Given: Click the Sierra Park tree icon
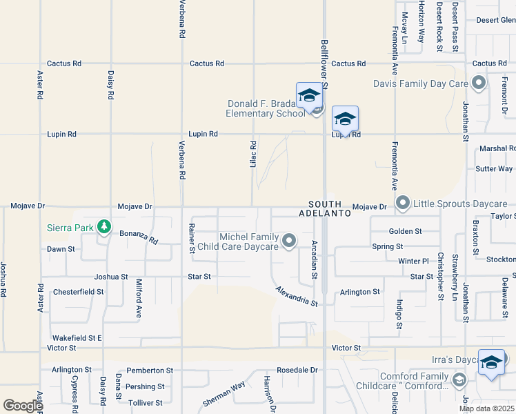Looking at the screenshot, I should [x=104, y=227].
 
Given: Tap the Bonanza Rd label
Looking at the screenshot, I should [x=138, y=238].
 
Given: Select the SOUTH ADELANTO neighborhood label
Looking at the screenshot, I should [x=330, y=209].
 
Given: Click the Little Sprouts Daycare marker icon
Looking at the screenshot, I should [x=403, y=204].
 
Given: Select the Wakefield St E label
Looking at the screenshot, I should [x=77, y=338].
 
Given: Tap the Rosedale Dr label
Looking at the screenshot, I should [x=297, y=370].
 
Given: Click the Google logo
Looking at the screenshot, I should [x=23, y=405].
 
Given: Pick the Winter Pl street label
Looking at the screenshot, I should [x=413, y=261].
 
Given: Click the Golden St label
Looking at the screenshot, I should [x=405, y=231].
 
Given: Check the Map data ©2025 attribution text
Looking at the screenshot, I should [x=486, y=408].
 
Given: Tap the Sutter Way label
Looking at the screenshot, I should [x=494, y=168].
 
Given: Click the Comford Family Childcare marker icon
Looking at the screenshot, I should [x=459, y=379].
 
